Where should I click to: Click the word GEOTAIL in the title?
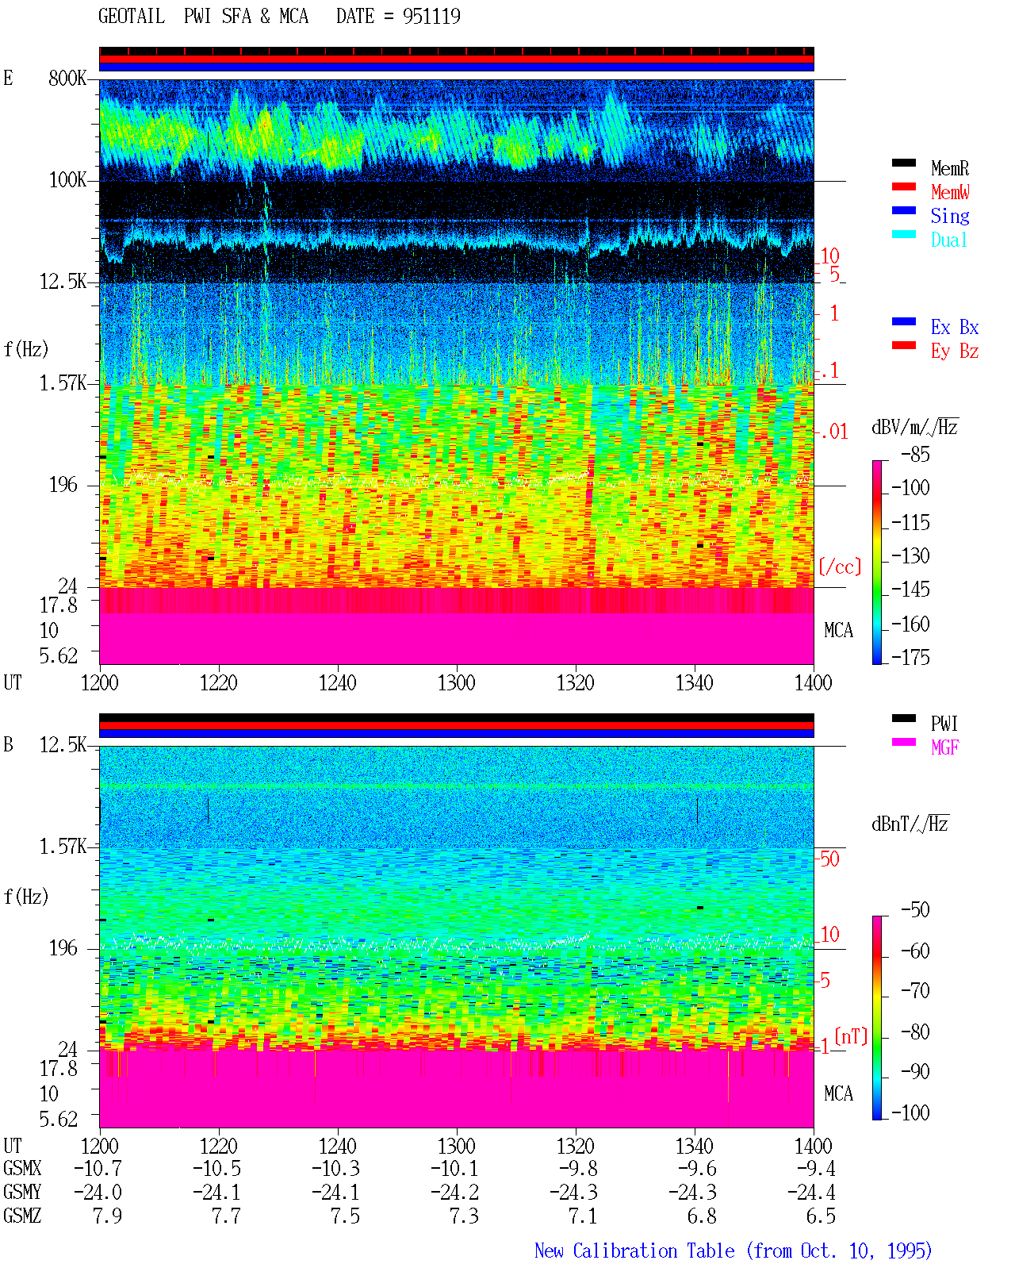click(132, 16)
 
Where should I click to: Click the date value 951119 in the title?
click(431, 16)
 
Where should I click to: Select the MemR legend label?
click(950, 168)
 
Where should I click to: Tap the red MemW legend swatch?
click(903, 186)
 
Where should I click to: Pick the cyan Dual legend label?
click(949, 240)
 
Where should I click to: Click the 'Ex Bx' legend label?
click(955, 327)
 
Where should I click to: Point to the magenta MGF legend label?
click(945, 747)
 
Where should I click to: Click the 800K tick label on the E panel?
click(67, 78)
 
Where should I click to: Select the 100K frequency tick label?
click(67, 180)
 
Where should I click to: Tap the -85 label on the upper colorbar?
click(915, 454)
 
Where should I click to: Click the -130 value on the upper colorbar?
click(910, 555)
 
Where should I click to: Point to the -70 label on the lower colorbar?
click(915, 991)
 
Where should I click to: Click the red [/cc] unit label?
click(840, 567)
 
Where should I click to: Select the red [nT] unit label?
click(851, 1036)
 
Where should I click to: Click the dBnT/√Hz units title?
click(910, 824)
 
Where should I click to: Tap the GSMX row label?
click(22, 1169)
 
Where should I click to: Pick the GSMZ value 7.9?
click(107, 1216)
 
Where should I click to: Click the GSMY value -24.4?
click(811, 1193)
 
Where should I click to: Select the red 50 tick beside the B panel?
click(829, 859)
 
